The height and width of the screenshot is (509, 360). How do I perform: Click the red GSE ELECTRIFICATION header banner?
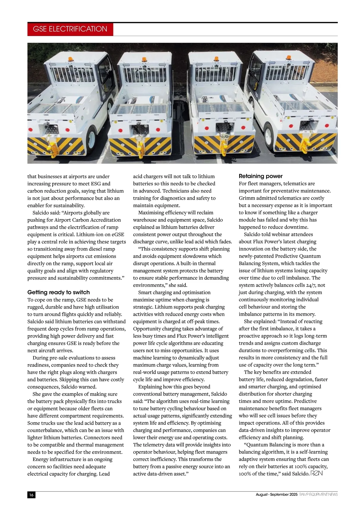coord(70,29)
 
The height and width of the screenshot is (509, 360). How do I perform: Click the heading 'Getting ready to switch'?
coord(58,292)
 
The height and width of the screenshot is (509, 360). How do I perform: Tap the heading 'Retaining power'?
coord(261,176)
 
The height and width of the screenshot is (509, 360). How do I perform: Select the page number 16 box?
coord(31,495)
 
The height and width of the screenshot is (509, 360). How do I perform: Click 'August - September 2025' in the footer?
coord(276,494)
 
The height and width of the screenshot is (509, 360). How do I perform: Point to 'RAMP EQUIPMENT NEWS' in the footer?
coord(318,494)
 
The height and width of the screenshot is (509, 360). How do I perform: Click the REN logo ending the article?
coord(317,473)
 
